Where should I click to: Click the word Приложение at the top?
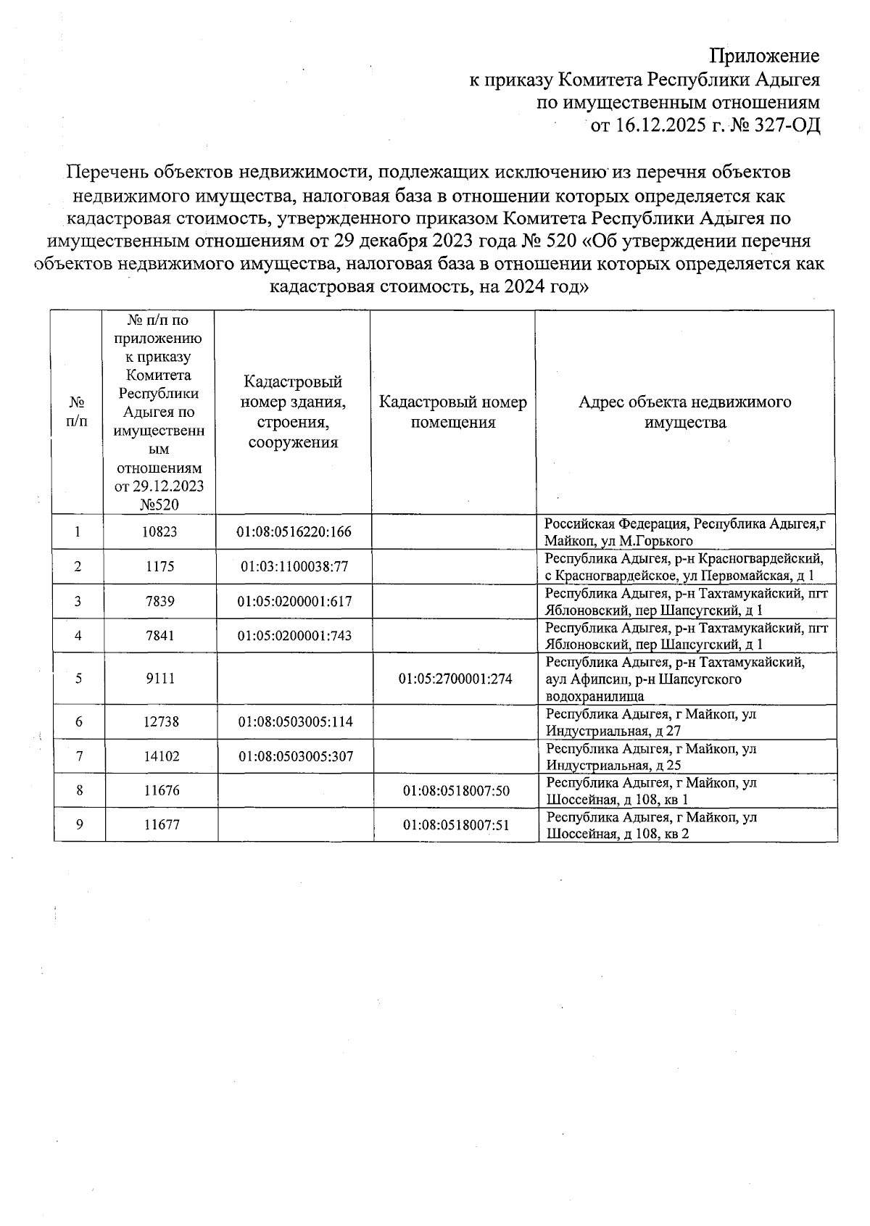(764, 56)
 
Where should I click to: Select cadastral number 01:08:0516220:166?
(294, 531)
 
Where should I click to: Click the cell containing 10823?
(159, 531)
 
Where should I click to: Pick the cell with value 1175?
(159, 566)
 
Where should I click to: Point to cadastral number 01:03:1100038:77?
(294, 566)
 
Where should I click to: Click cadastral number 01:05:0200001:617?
(294, 601)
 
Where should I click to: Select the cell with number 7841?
(159, 636)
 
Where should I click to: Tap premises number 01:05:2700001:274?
(455, 679)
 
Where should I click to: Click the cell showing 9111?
(159, 679)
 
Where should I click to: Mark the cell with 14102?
(159, 756)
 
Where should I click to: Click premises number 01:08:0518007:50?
(456, 790)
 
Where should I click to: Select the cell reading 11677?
(161, 824)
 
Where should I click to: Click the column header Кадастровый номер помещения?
(453, 412)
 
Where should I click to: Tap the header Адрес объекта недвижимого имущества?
(685, 412)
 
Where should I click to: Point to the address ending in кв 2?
(650, 825)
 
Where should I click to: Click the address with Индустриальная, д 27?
(650, 722)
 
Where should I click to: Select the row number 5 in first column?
(78, 679)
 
